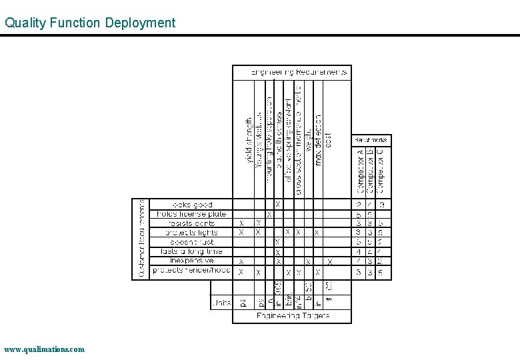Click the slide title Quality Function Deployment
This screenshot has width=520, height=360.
pos(90,23)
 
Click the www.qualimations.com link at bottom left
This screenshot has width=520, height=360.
pos(44,349)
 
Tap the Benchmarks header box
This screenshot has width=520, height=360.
pos(370,140)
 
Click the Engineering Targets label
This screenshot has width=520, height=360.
pos(293,316)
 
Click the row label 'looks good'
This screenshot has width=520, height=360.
pos(193,205)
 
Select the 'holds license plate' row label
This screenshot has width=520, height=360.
pos(191,214)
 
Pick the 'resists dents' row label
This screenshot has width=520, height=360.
pos(192,223)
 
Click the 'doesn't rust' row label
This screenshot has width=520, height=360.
pos(193,242)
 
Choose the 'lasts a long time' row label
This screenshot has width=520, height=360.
pos(191,251)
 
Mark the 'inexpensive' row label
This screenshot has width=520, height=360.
pos(192,261)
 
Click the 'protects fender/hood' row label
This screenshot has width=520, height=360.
pos(191,271)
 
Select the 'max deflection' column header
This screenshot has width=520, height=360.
pos(319,140)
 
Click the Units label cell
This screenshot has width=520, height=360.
pos(221,303)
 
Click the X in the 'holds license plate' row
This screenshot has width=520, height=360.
pos(269,215)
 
